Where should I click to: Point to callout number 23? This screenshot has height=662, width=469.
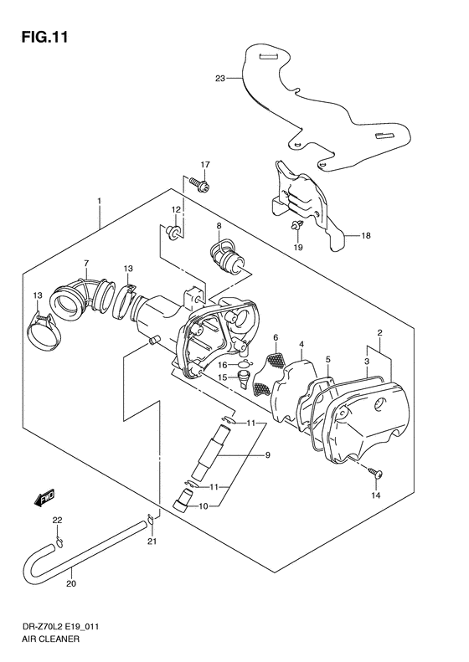point(219,79)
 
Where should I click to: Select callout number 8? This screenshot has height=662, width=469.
point(218,226)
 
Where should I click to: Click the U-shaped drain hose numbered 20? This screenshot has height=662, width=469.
point(84,557)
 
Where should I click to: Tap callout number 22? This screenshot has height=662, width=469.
point(57,522)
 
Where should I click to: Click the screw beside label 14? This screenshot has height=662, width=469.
point(374,475)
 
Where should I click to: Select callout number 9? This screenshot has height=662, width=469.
point(268,455)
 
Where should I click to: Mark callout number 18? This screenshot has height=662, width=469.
point(366,236)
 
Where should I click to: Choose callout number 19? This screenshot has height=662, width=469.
point(298,249)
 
